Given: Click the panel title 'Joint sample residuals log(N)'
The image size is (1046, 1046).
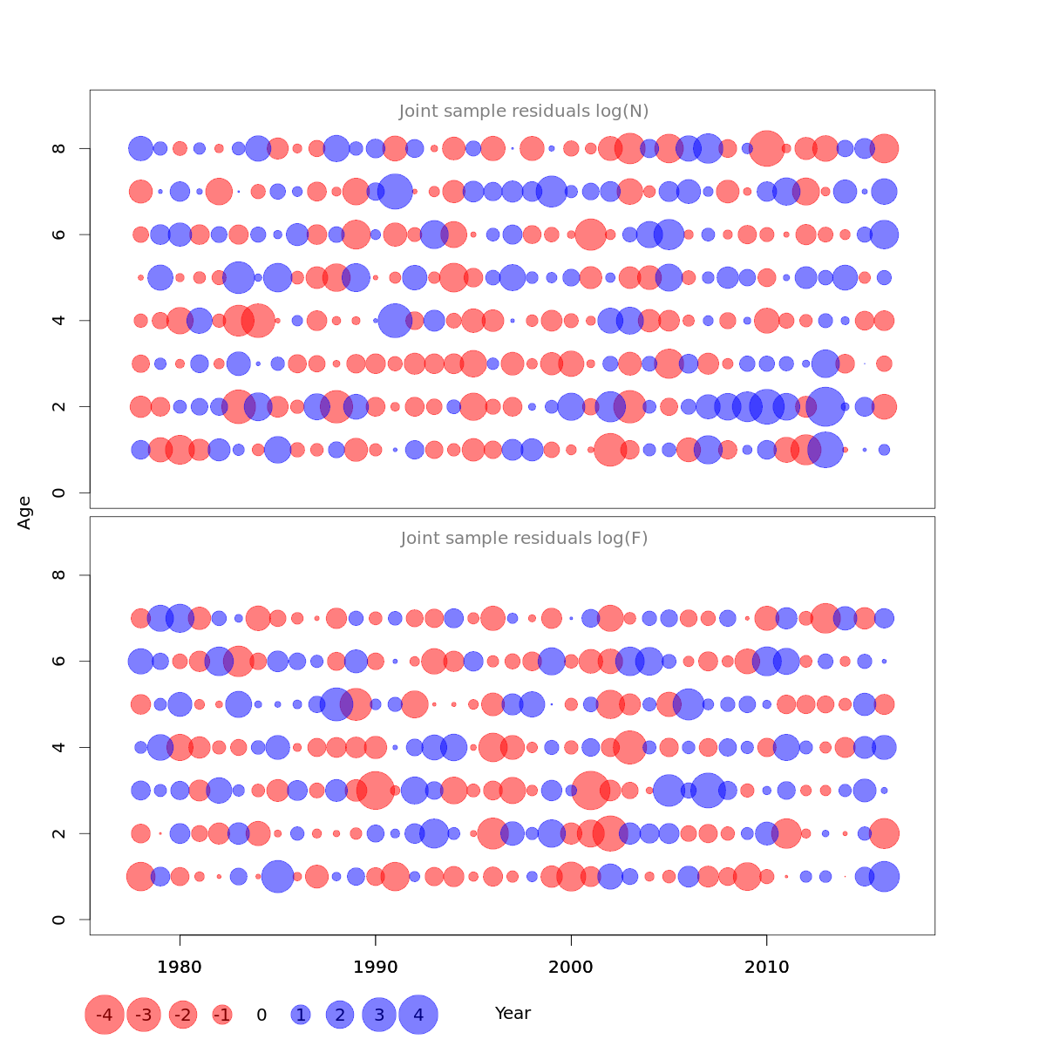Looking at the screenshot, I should click(524, 112).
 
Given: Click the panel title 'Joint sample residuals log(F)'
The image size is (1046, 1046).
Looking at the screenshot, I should click(524, 539).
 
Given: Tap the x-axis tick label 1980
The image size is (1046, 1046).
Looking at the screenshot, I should click(180, 968).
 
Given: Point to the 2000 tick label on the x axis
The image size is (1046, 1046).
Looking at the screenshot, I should click(571, 968).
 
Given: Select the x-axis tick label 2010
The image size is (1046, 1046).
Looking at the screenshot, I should click(767, 968).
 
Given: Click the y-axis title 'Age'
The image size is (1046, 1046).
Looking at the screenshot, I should click(24, 513).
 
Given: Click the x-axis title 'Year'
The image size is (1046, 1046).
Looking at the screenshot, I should click(513, 1014).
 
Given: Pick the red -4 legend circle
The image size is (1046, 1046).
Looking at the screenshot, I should click(105, 1015).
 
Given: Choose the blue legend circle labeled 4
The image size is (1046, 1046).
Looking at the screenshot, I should click(418, 1015).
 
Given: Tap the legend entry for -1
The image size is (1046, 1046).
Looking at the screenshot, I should click(222, 1015).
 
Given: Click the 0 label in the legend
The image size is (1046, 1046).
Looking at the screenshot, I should click(261, 1015).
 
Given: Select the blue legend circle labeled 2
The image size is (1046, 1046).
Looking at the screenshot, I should click(340, 1015).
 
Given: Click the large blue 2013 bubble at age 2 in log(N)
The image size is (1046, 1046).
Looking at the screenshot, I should click(825, 406).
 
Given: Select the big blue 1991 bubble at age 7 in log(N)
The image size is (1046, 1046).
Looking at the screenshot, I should click(395, 191).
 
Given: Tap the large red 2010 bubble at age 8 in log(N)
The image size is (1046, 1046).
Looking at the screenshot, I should click(767, 148).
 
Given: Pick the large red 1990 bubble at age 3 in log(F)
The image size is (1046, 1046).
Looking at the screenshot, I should click(376, 791).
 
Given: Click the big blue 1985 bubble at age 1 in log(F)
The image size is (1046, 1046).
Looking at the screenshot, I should click(277, 876).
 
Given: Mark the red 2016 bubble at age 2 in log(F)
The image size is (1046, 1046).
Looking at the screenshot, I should click(884, 833).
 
